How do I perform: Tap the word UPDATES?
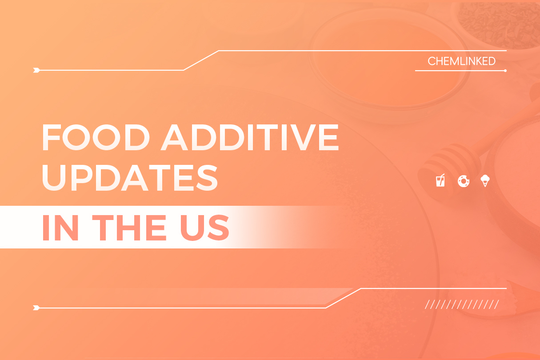click(130, 177)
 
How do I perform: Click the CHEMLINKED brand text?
click(461, 61)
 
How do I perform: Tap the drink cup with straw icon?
click(440, 181)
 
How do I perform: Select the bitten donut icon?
click(463, 181)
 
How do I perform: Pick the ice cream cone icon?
click(485, 181)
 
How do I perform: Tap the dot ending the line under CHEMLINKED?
click(505, 70)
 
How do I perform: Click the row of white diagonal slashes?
click(462, 304)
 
